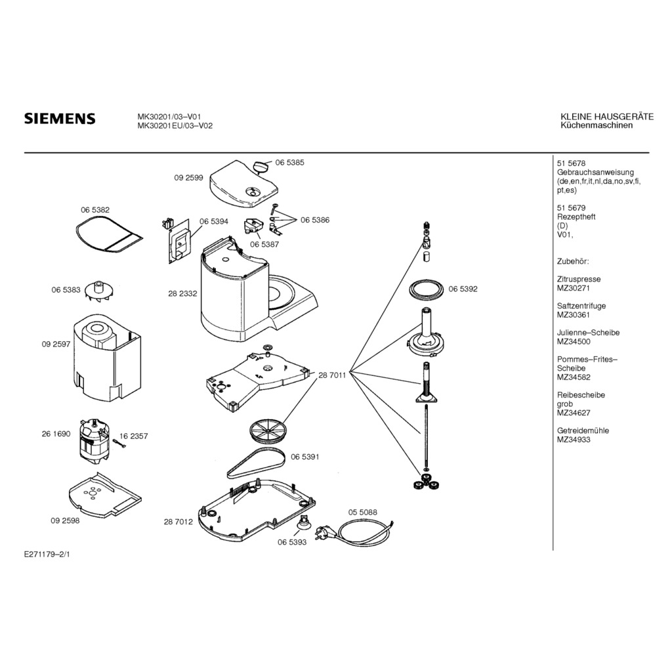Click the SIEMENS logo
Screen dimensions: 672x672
point(60,119)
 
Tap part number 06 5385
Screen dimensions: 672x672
point(289,162)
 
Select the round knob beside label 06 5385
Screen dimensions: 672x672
point(262,164)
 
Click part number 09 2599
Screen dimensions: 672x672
point(188,177)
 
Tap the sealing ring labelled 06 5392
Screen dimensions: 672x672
point(426,289)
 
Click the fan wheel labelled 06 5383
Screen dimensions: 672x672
point(100,290)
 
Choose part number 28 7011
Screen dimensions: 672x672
point(332,375)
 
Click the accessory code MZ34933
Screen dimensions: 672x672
point(573,440)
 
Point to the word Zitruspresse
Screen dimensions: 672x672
point(578,279)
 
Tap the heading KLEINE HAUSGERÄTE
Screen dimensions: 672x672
point(606,117)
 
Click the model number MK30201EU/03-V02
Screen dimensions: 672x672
point(174,126)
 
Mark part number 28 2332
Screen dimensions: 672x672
point(183,294)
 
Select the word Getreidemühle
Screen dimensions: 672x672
point(583,430)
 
